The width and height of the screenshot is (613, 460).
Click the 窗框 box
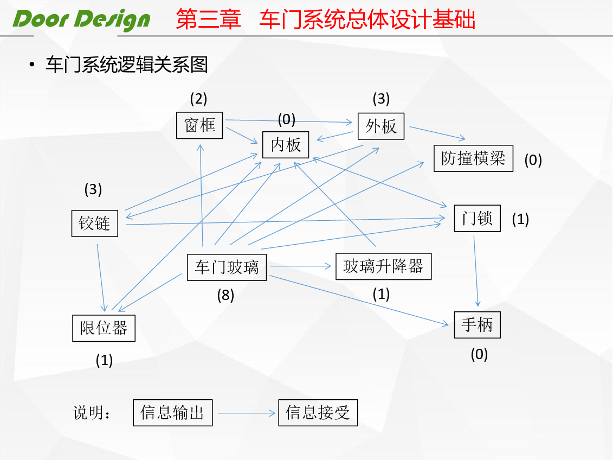[x=199, y=125]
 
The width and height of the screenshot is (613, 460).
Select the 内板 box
[x=286, y=145]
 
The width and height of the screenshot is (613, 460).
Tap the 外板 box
[x=381, y=126]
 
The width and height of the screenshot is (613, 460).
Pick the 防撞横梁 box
[x=473, y=158]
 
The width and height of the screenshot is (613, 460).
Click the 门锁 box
[x=478, y=218]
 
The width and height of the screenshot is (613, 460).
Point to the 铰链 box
[x=95, y=223]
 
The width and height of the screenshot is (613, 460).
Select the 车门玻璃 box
[x=227, y=267]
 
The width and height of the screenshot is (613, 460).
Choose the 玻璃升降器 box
[x=384, y=266]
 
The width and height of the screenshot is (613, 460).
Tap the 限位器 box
[x=104, y=328]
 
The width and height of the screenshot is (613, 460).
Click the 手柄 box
[x=478, y=325]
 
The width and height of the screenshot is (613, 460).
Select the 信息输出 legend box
[x=173, y=413]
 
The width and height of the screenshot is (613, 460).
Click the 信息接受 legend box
[x=318, y=413]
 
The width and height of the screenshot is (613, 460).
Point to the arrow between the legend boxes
[x=246, y=413]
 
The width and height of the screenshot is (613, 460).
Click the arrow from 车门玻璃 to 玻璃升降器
[x=301, y=266]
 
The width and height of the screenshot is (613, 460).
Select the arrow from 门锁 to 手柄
[x=476, y=271]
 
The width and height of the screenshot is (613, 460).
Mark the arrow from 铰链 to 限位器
[x=101, y=278]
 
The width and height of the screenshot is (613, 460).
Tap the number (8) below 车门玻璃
[x=225, y=295]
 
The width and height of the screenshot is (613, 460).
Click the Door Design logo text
[x=81, y=20]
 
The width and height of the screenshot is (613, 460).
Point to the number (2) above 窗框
[x=198, y=99]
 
